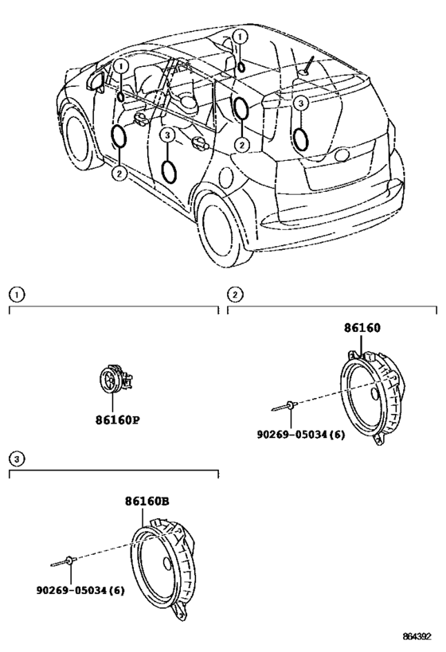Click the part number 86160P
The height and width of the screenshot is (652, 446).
tap(117, 420)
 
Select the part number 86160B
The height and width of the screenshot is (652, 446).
tap(147, 502)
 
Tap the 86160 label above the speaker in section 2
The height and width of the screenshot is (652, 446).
tap(362, 328)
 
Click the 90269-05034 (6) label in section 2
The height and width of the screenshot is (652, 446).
tap(301, 435)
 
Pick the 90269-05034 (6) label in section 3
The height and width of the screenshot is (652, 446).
tap(80, 590)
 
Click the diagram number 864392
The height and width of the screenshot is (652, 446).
tap(417, 637)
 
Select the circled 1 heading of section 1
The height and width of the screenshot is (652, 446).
tap(17, 295)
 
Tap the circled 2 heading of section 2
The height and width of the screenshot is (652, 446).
tap(235, 295)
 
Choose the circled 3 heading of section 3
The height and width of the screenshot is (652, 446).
tap(17, 459)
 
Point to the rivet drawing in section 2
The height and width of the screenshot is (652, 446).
tap(284, 406)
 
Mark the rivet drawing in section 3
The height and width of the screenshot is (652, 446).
tap(63, 562)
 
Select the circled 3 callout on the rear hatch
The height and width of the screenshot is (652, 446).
tap(301, 103)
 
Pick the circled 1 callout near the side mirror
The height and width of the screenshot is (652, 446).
tap(120, 67)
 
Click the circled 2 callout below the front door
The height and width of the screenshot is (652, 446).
tap(119, 173)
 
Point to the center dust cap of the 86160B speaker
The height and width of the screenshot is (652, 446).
tap(168, 564)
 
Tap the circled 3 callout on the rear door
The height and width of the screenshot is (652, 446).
tap(166, 135)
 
